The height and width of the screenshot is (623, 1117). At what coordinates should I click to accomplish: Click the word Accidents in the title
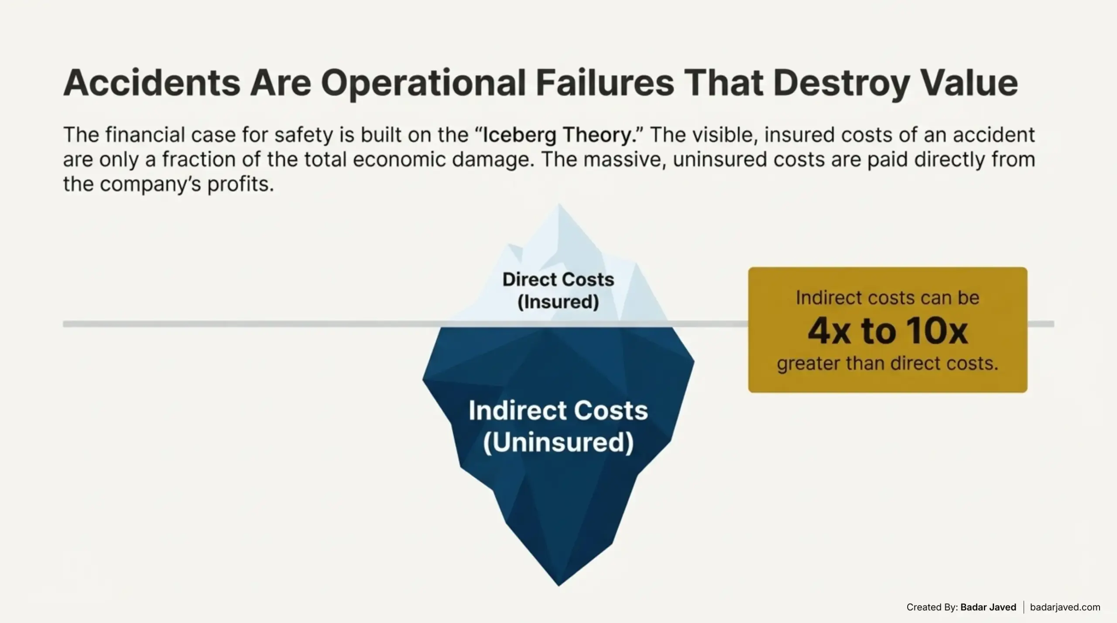[151, 83]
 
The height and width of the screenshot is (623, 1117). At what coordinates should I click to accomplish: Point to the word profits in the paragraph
[240, 184]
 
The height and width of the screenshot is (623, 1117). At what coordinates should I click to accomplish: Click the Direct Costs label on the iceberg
[558, 279]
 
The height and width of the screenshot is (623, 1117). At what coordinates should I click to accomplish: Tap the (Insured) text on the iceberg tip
[558, 302]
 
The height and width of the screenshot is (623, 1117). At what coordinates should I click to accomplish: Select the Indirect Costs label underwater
[558, 411]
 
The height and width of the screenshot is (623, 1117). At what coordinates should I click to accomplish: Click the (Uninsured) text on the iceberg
[558, 443]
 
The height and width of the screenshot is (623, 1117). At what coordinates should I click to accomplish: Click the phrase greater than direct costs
[887, 364]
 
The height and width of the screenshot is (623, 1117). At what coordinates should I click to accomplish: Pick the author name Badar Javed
[988, 607]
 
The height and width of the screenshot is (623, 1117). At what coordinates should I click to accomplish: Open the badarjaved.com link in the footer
[1065, 607]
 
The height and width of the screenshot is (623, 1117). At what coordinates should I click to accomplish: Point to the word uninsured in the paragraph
[720, 160]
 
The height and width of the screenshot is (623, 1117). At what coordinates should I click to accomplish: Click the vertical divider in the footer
[1024, 607]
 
